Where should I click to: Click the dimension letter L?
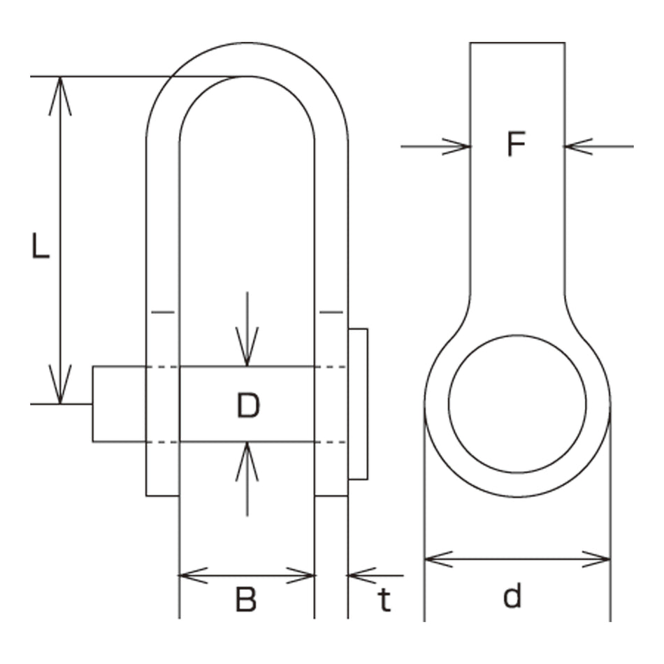point(41,246)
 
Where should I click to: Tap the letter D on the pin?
point(248,405)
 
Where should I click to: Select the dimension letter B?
point(246,600)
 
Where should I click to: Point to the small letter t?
point(384,600)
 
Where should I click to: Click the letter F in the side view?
point(517,144)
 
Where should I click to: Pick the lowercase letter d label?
point(512,596)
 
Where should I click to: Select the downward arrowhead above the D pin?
point(247,347)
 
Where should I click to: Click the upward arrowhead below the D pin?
point(247,461)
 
